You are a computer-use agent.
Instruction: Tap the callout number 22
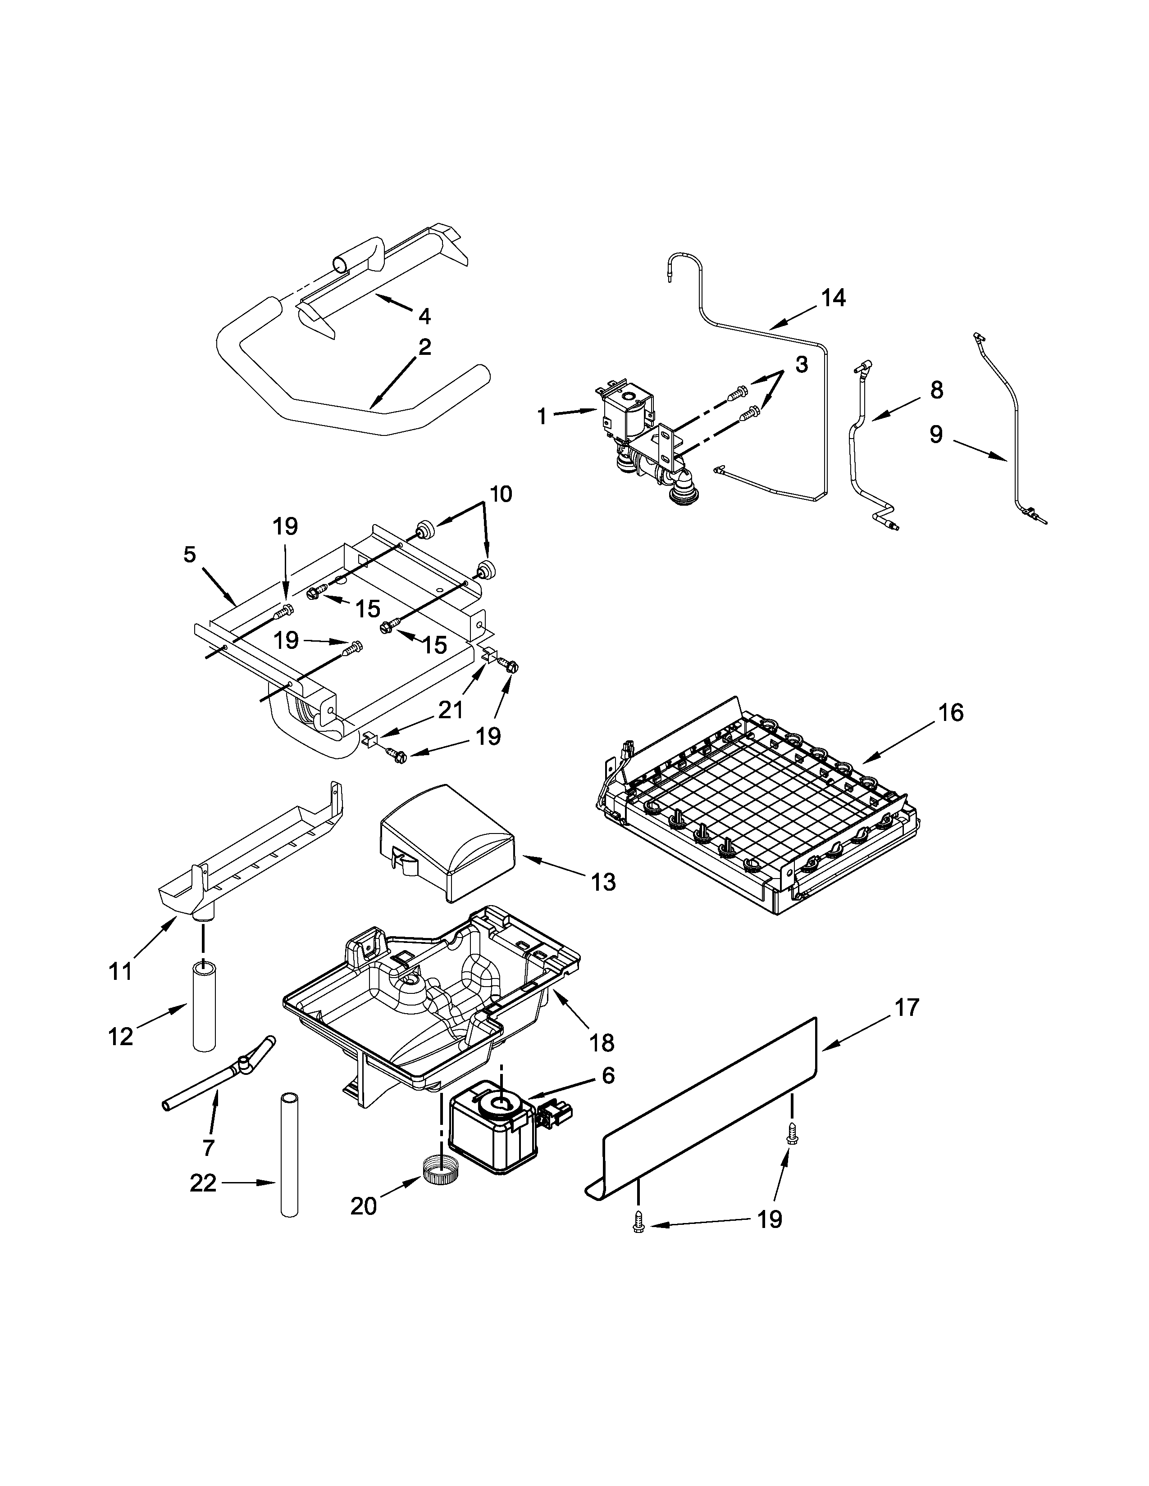pyautogui.click(x=203, y=1183)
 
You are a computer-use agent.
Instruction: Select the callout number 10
pyautogui.click(x=500, y=494)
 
